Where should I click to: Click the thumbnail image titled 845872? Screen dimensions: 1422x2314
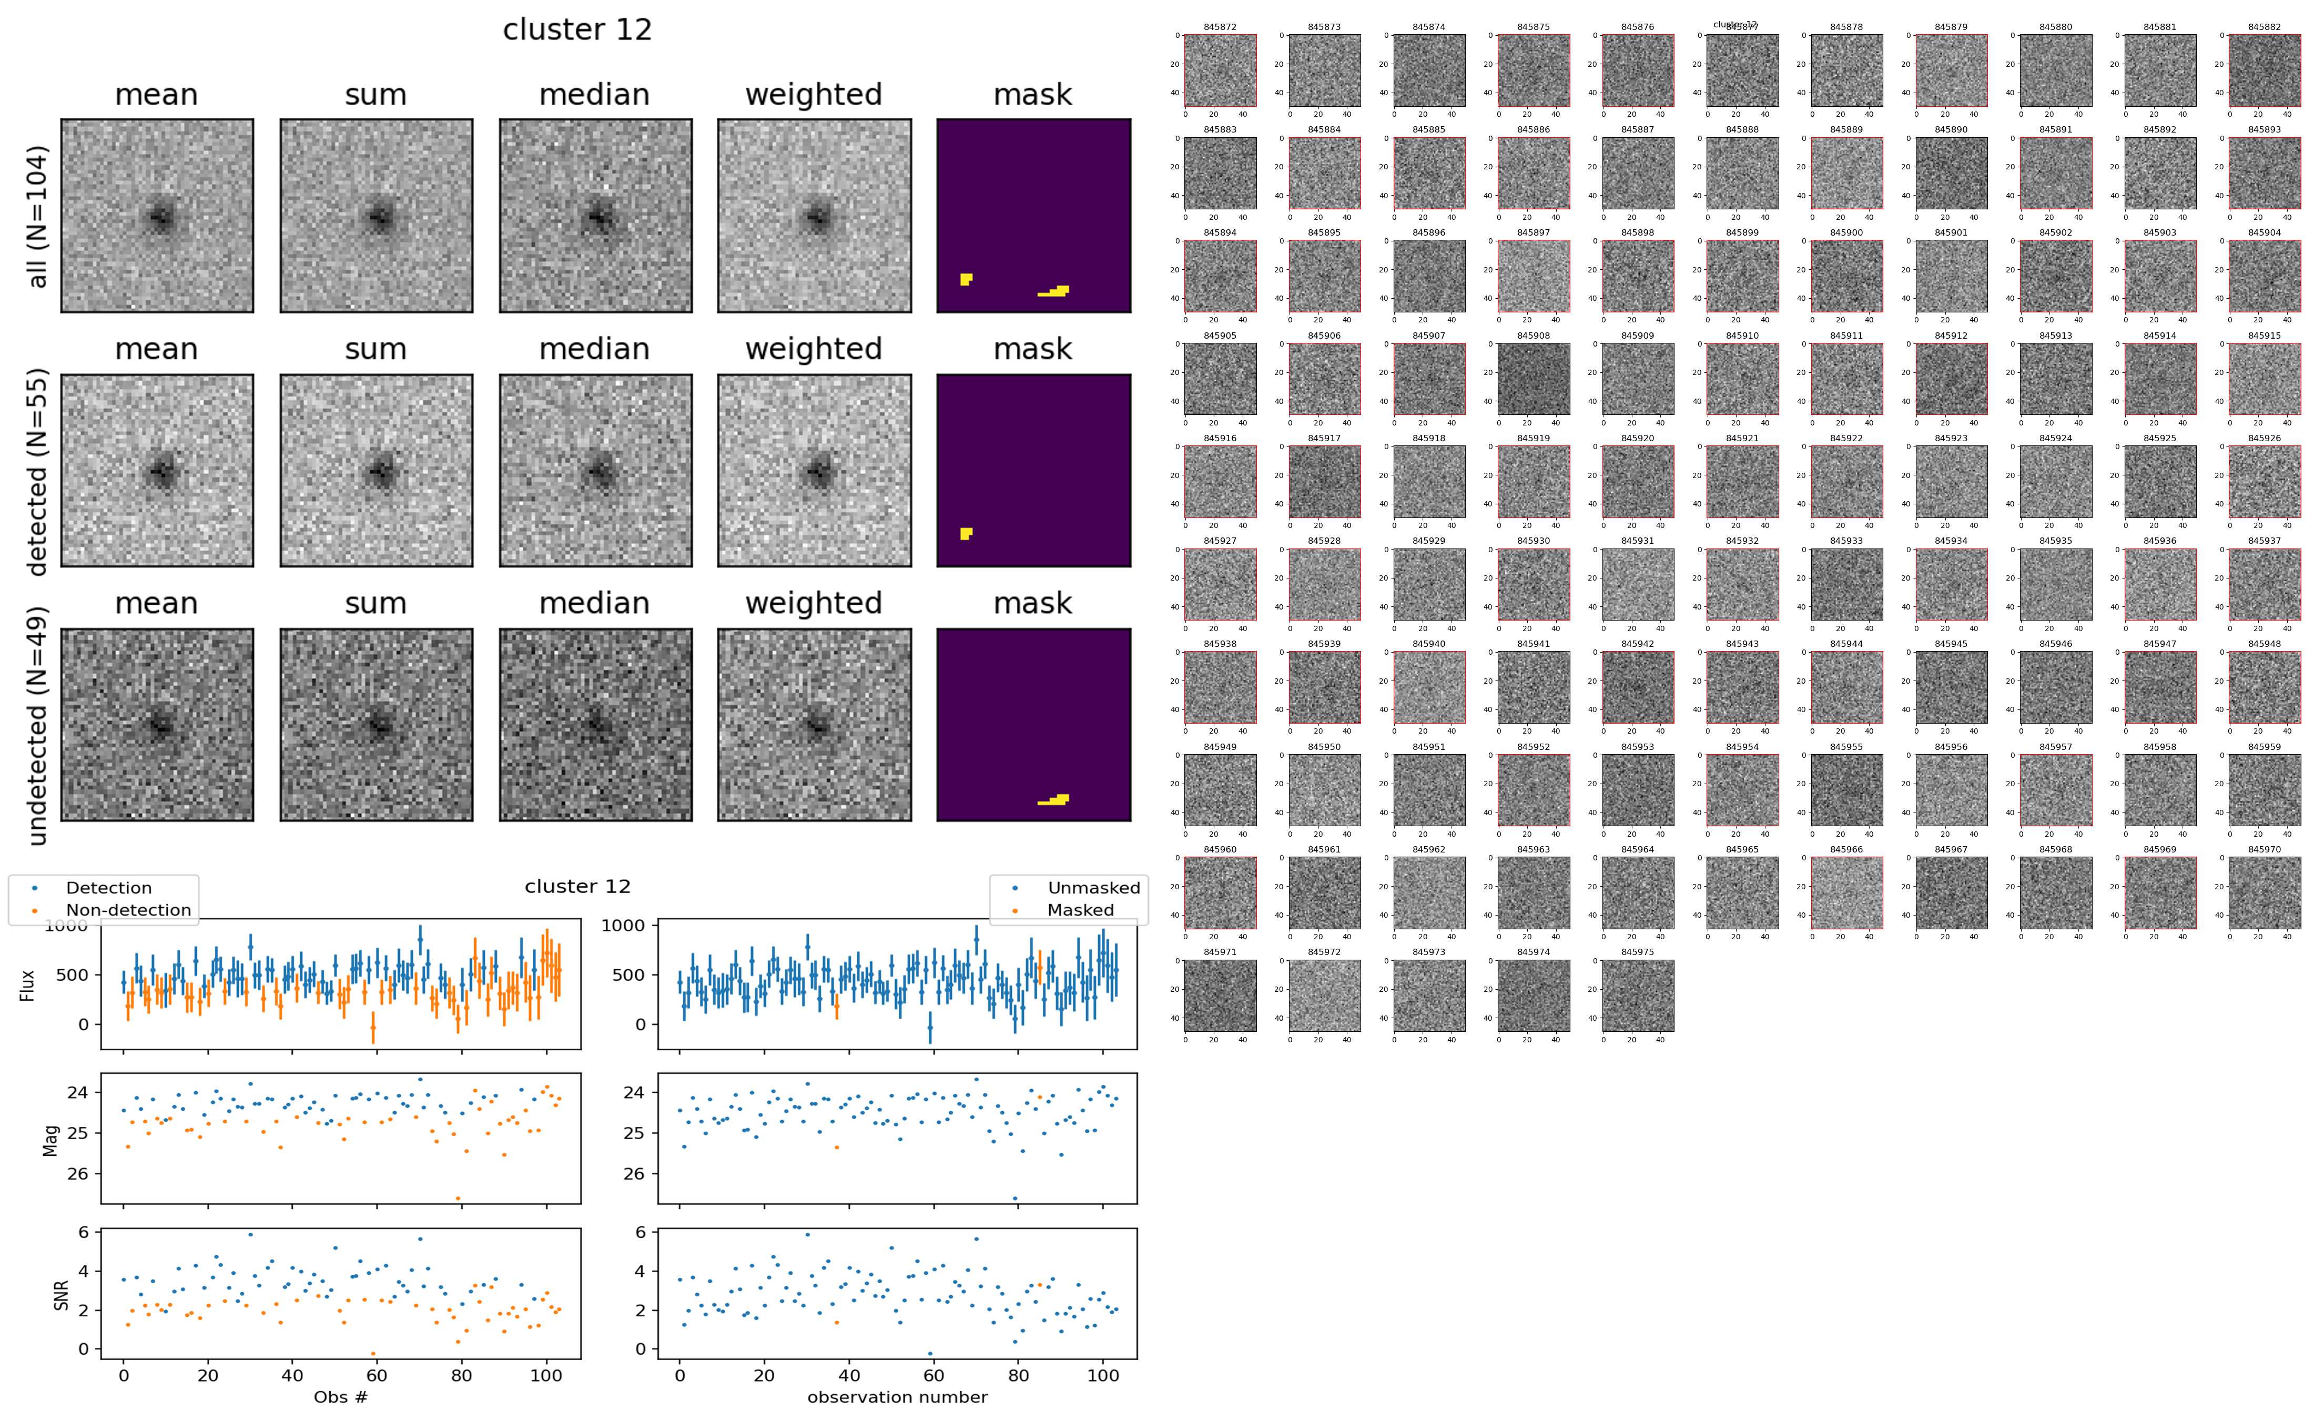point(1220,70)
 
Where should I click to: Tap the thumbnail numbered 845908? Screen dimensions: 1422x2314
point(1532,379)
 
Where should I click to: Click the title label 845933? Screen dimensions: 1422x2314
point(1846,541)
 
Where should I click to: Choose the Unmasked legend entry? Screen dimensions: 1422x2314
point(1093,888)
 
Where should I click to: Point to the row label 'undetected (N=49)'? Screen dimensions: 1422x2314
point(38,725)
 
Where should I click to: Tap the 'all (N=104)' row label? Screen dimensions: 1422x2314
point(38,216)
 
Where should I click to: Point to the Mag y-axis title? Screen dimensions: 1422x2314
point(52,1140)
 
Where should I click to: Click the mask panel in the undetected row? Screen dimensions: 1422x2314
point(1033,725)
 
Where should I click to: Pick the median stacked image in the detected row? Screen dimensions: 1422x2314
point(595,470)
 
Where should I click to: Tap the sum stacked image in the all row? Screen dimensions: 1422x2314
point(376,216)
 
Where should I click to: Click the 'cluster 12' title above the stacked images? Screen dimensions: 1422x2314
point(577,30)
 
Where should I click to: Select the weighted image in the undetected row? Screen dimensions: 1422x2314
point(814,725)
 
